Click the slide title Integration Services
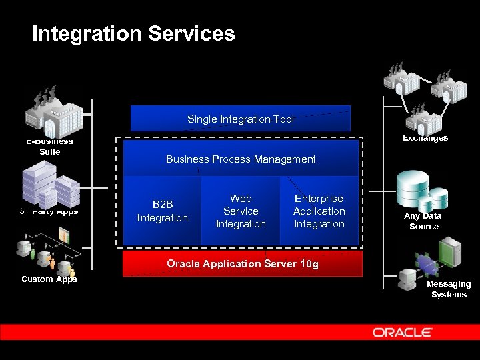tap(133, 33)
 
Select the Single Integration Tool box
tap(240, 119)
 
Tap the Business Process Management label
tap(241, 159)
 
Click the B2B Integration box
tap(162, 211)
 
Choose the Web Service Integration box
tap(241, 211)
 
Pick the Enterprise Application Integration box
tap(319, 211)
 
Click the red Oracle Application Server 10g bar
tap(243, 263)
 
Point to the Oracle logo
tap(403, 332)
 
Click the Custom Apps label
tap(49, 279)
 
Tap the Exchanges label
tap(425, 138)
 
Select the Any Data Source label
tap(423, 221)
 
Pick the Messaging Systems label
tap(449, 289)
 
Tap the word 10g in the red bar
tap(309, 263)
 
